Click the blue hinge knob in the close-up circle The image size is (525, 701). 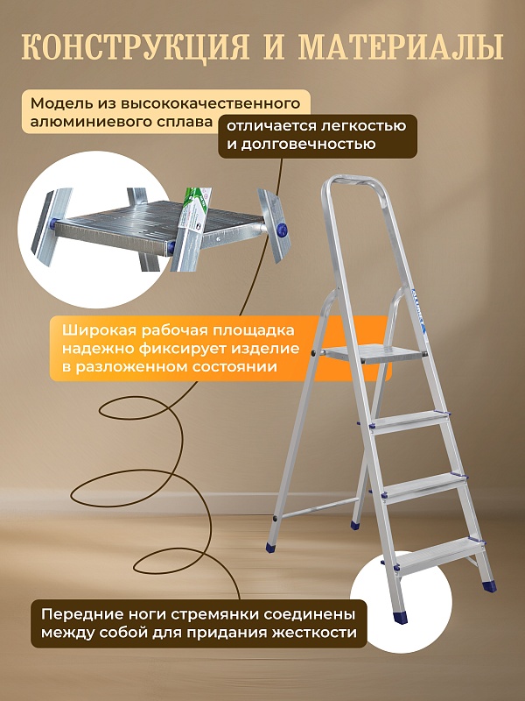[x=282, y=229]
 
